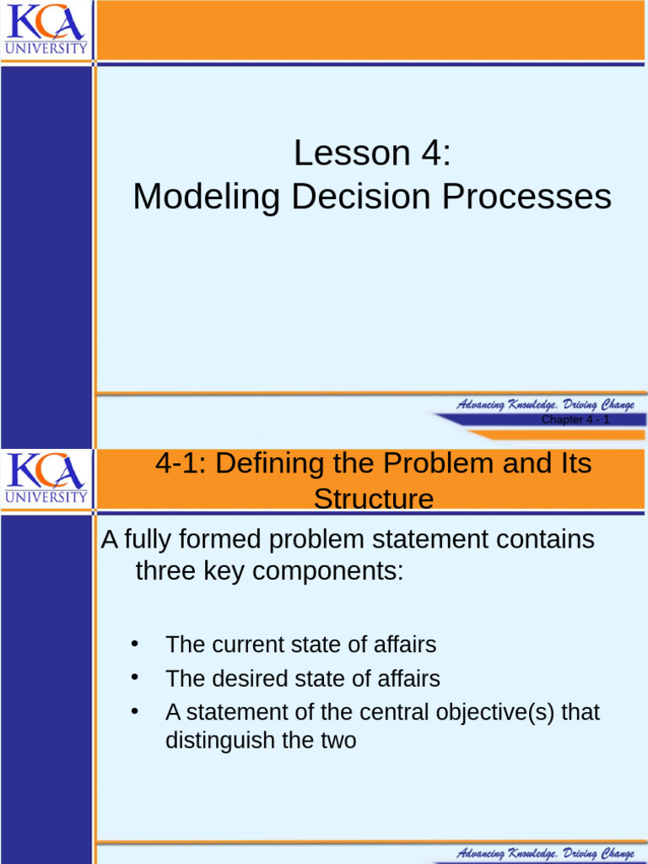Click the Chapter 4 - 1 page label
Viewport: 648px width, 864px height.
pyautogui.click(x=575, y=420)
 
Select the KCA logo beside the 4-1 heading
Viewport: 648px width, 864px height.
pyautogui.click(x=46, y=478)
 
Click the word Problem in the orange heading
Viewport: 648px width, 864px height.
pyautogui.click(x=439, y=463)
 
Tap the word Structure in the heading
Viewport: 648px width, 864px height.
pyautogui.click(x=373, y=499)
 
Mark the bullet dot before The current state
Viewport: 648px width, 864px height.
pyautogui.click(x=133, y=644)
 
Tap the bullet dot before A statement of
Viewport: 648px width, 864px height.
pyautogui.click(x=133, y=711)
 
